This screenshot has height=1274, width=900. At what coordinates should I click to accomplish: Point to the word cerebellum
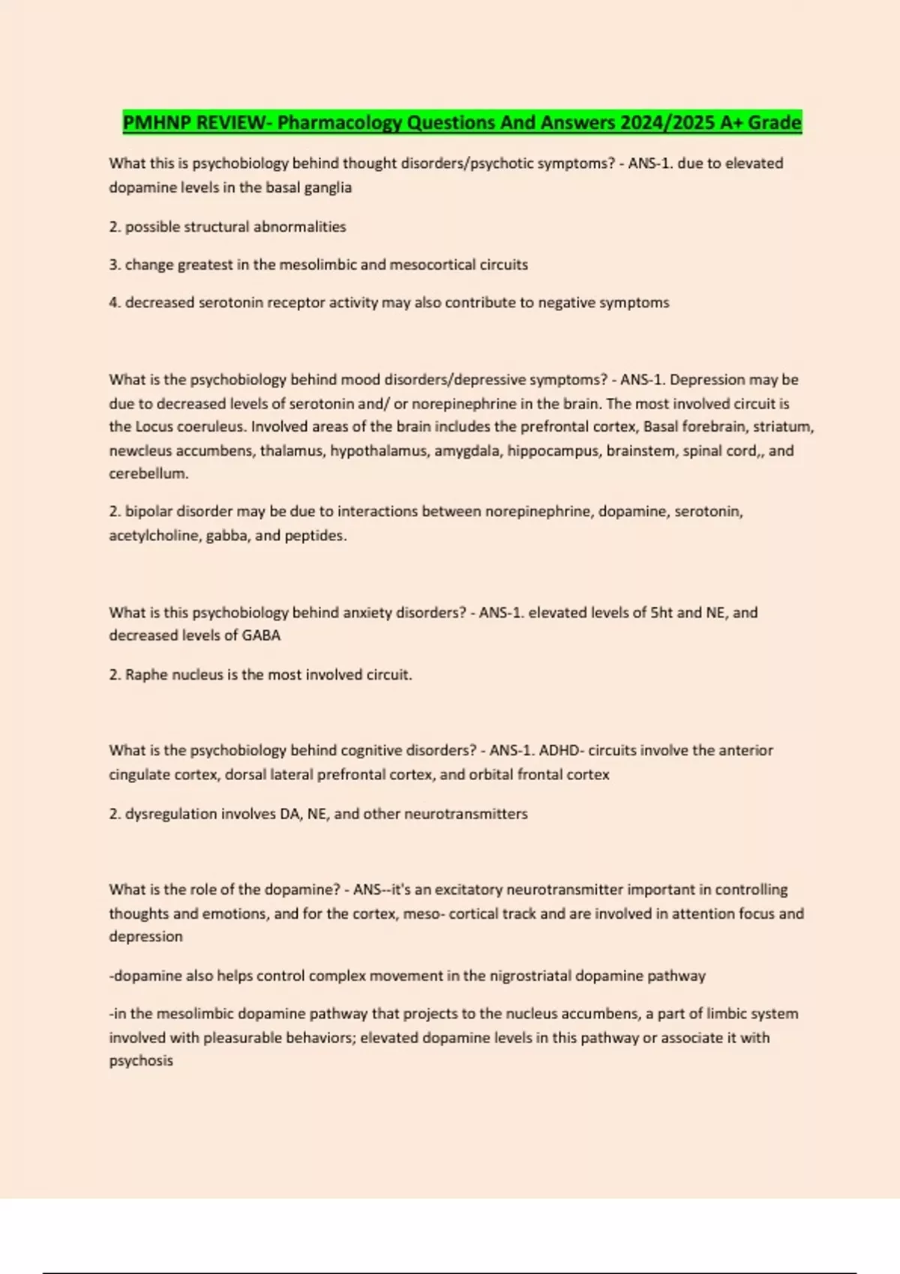[148, 474]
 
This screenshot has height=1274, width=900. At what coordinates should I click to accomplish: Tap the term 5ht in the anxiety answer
[661, 612]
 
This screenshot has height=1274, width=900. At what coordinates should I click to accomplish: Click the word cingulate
[139, 774]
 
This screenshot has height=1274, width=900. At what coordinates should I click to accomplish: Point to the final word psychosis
[141, 1061]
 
